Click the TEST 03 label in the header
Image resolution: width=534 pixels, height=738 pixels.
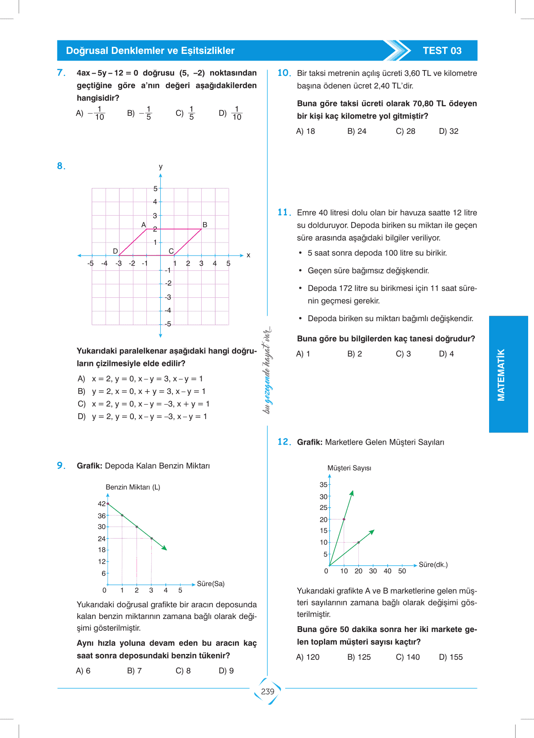[442, 51]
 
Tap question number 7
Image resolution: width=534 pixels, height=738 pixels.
[61, 73]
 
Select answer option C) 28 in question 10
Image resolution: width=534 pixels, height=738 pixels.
[405, 131]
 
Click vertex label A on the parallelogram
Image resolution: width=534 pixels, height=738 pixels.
[144, 225]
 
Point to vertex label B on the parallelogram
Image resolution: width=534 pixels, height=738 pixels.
[205, 225]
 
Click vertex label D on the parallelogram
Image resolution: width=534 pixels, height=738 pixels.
[115, 251]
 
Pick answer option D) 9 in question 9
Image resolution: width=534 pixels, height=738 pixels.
[226, 671]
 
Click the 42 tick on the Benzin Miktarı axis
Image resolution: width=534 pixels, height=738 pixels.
[102, 504]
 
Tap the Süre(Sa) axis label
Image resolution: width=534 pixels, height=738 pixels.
[211, 583]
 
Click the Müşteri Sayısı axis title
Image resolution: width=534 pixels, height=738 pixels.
[349, 468]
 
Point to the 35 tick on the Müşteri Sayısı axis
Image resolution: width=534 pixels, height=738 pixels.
[323, 485]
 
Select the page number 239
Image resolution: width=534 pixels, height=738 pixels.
[268, 691]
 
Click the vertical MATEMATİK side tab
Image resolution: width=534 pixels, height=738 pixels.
[501, 375]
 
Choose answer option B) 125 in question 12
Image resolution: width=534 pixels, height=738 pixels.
[359, 657]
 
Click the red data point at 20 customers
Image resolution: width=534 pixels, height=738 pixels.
[344, 519]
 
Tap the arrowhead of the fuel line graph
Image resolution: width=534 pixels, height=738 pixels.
[164, 548]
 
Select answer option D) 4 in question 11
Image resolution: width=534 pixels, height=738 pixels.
[446, 354]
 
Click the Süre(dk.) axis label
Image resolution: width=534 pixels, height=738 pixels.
[433, 565]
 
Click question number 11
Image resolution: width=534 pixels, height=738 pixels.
[284, 212]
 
